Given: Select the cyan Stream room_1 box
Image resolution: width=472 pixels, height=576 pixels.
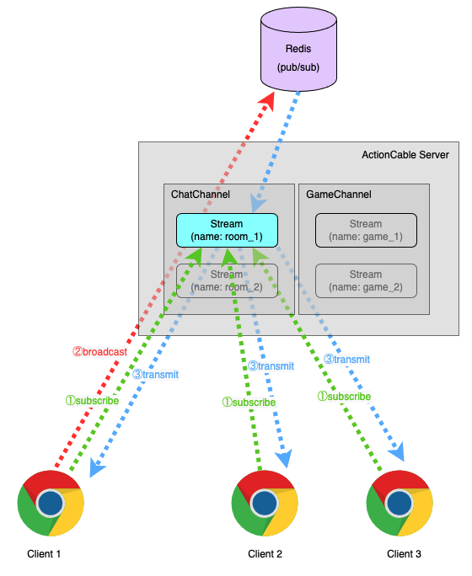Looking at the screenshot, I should coord(225,230).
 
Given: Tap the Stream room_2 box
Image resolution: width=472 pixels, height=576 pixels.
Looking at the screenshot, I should coord(225,280).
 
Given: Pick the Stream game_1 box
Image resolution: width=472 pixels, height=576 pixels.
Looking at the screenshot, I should coord(365,230).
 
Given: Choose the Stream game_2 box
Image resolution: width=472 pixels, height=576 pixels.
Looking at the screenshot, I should coord(365,280).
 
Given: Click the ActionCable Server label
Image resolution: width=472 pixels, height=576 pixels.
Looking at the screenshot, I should coord(405,155).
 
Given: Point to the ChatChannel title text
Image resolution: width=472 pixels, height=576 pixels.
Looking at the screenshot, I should coord(201,195).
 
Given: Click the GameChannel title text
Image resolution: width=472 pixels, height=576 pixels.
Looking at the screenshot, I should coord(339,195).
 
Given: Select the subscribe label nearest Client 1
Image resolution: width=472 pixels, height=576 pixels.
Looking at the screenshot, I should coord(92,401).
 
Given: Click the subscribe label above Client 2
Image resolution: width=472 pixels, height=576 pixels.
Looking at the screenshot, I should coord(249,403).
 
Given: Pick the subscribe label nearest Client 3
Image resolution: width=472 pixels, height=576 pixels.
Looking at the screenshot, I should coord(344,396).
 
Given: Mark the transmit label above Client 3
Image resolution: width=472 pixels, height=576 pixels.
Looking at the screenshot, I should coord(346,359).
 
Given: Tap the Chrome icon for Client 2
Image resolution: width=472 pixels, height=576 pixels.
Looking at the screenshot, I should coord(265,504).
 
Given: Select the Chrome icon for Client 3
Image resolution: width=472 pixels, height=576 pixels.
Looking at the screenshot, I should coord(400,504).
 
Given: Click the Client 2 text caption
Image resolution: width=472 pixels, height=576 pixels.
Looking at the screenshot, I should coord(265,554).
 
